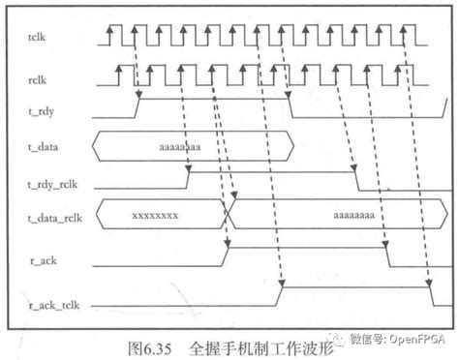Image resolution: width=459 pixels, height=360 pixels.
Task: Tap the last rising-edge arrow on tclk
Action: [x=417, y=35]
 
